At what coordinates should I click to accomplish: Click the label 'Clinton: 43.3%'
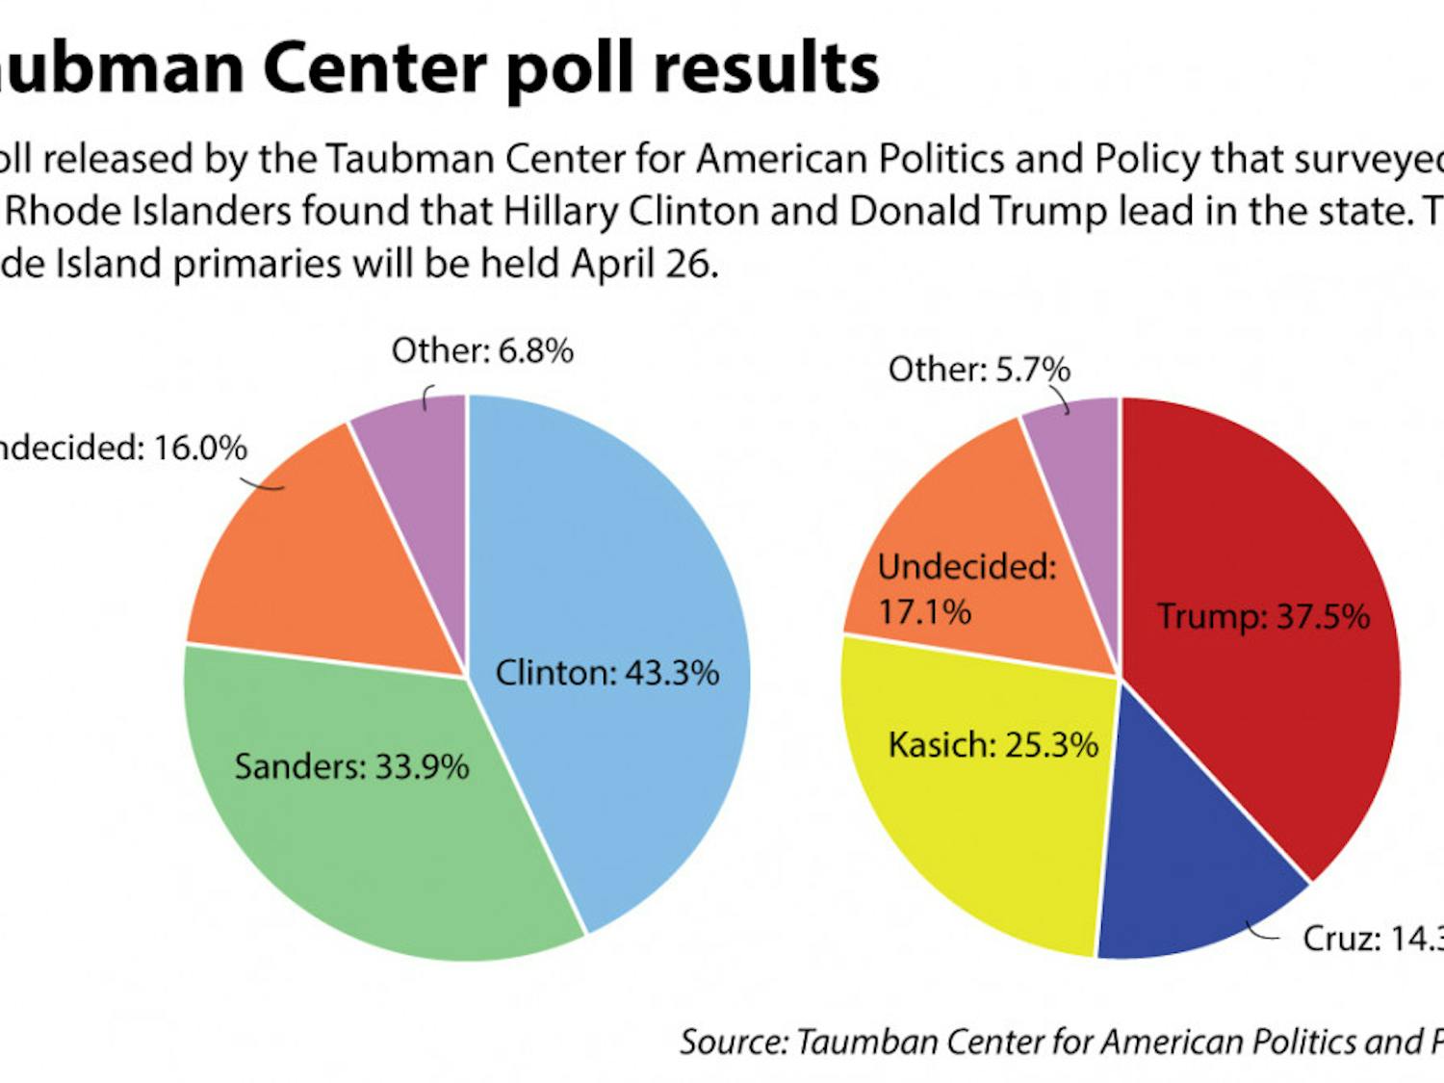click(606, 673)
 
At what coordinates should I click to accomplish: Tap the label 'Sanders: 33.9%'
click(351, 767)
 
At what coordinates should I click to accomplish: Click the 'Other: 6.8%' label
click(481, 350)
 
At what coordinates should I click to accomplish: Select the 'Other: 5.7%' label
click(978, 370)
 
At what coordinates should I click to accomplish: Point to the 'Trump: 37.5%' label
click(1263, 616)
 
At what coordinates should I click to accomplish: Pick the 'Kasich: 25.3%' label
click(993, 745)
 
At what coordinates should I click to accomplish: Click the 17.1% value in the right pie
click(924, 612)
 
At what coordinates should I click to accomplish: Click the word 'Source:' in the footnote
click(734, 1043)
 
